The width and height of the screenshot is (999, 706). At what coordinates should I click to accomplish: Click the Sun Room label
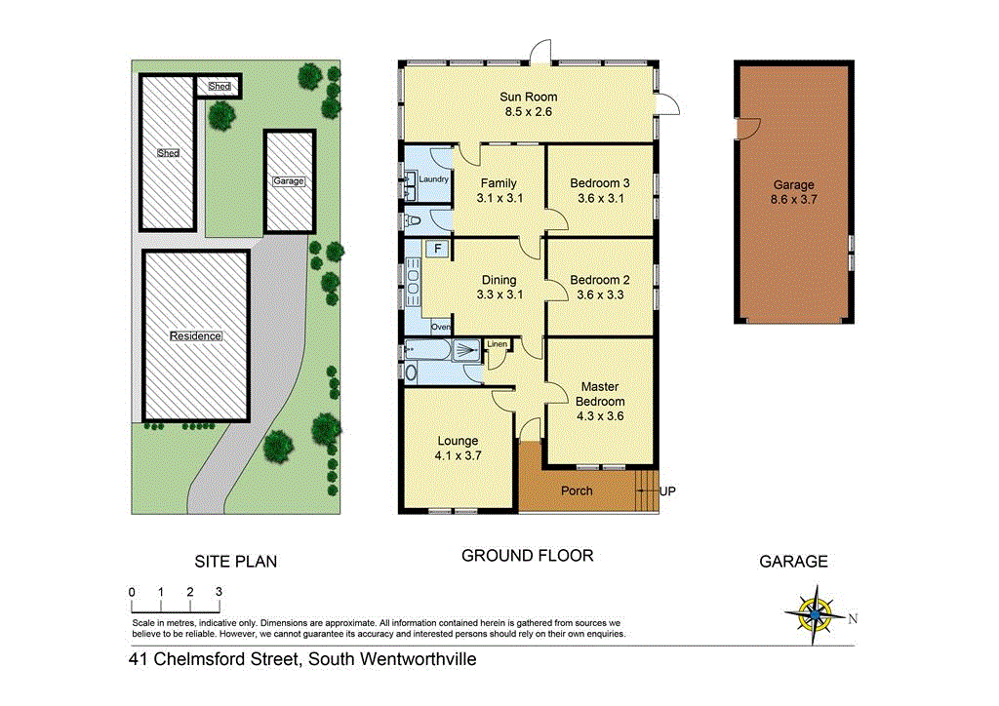[527, 97]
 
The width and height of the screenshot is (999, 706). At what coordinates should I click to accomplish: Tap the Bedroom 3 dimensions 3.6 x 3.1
[600, 198]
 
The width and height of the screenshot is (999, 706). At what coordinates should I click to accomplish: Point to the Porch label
[577, 490]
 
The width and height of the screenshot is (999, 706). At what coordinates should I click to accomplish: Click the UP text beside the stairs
[667, 490]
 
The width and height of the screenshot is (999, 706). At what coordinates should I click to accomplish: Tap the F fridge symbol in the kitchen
[438, 249]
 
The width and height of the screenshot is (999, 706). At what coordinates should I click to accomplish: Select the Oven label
[441, 327]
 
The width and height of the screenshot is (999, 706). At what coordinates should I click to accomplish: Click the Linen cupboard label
[498, 344]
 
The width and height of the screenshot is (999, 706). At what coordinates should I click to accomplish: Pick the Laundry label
[433, 179]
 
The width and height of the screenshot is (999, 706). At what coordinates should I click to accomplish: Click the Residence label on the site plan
[196, 336]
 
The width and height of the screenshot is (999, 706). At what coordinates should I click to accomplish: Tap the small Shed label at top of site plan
[220, 87]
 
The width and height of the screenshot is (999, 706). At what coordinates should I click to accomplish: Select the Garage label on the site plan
[289, 181]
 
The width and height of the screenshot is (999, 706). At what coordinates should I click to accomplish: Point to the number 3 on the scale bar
[219, 592]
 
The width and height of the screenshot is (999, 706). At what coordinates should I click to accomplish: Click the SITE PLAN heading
[236, 561]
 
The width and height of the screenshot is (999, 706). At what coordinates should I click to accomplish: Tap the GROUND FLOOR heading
[527, 556]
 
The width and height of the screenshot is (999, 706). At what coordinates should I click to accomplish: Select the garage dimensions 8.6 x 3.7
[793, 198]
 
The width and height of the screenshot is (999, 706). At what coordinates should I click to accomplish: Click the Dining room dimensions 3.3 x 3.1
[499, 294]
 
